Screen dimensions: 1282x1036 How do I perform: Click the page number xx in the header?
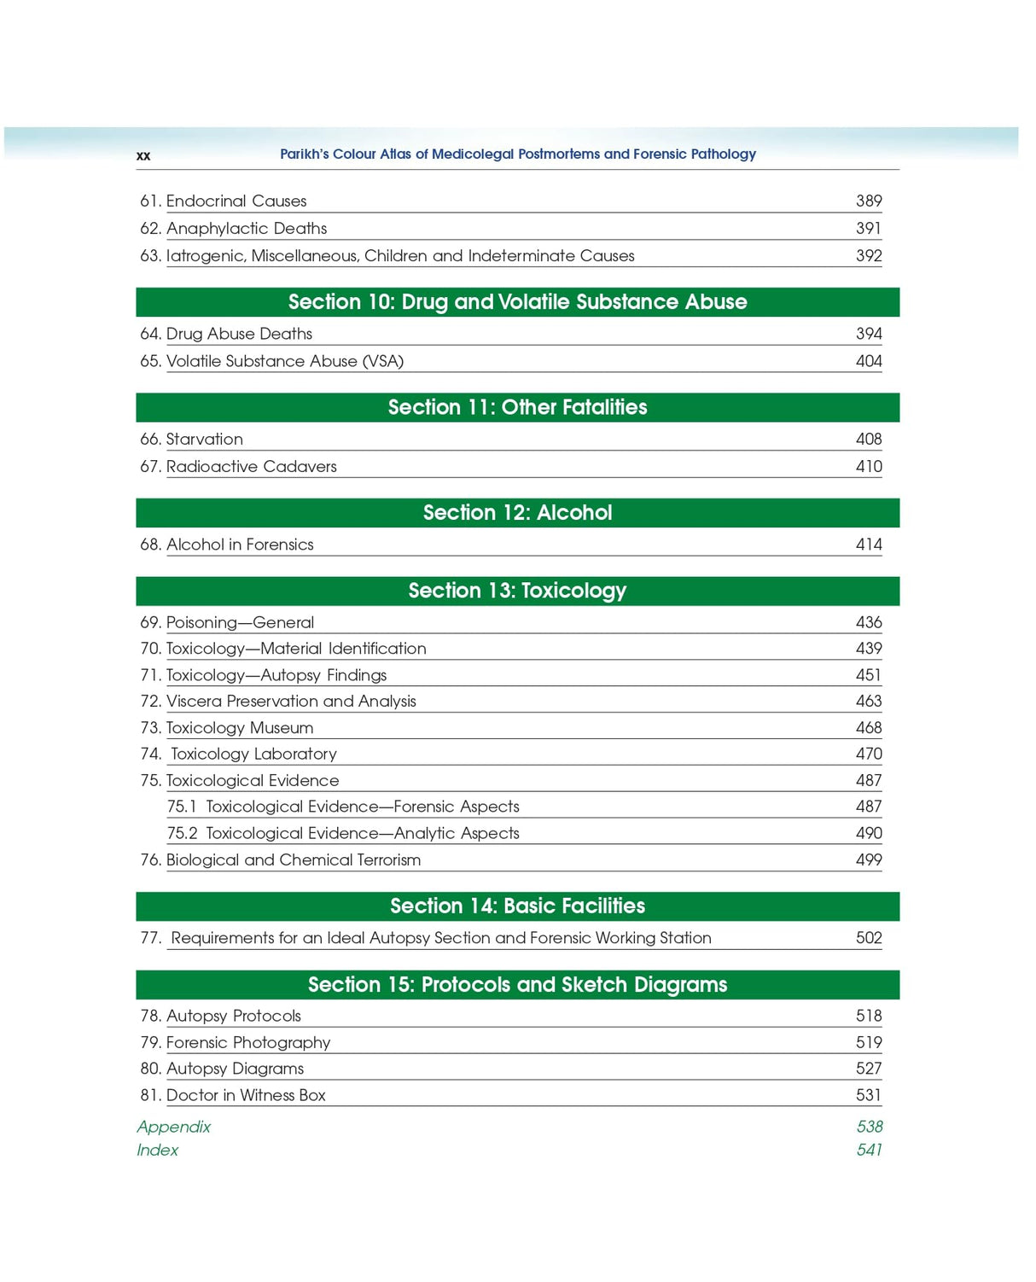(x=143, y=155)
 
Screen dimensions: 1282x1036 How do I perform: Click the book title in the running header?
(x=517, y=154)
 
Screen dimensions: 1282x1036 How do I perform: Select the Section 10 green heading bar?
(x=517, y=302)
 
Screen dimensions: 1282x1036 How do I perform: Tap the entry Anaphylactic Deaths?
(x=246, y=228)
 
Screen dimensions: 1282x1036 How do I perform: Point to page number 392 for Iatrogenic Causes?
(x=868, y=255)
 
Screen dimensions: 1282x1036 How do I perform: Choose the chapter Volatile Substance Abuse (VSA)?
(x=284, y=361)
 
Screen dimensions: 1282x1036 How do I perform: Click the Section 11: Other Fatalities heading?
(x=517, y=407)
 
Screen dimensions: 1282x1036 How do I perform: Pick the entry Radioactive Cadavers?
(x=251, y=466)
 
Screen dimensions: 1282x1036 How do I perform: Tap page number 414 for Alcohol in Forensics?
(x=868, y=545)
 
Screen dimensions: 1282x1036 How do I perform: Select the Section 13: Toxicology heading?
(x=517, y=591)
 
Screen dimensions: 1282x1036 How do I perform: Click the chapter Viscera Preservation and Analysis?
(x=290, y=701)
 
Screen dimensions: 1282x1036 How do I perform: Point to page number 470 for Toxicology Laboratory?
(x=868, y=754)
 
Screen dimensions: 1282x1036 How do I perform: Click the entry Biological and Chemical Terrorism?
(x=293, y=860)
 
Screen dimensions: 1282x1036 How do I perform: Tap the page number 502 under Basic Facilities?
(x=868, y=938)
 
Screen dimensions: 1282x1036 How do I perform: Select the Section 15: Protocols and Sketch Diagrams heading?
(x=517, y=984)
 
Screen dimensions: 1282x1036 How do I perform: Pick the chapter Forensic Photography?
(x=247, y=1042)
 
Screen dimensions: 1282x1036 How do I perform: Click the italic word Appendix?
(x=174, y=1127)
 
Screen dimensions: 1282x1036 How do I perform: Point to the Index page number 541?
(x=869, y=1150)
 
